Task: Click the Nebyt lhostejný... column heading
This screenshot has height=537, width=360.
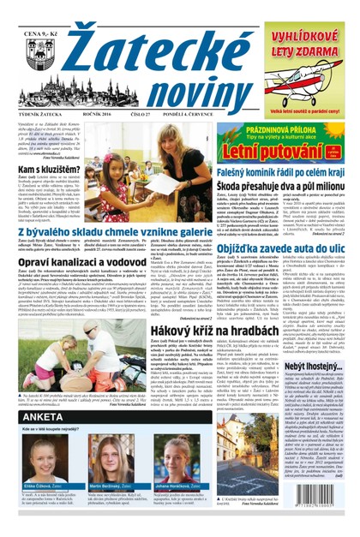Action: [315, 414]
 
